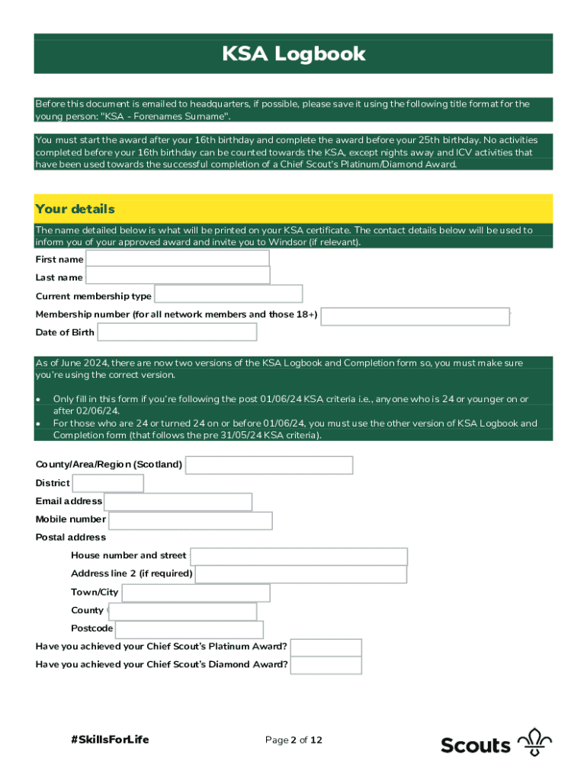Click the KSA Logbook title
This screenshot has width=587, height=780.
tap(293, 54)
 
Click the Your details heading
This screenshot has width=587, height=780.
tap(75, 209)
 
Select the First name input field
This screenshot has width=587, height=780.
tap(177, 259)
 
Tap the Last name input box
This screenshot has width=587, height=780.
tap(177, 276)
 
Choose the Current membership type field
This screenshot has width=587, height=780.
tap(228, 295)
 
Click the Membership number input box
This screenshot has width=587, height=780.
tap(415, 316)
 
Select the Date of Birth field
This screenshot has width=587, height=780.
tap(177, 332)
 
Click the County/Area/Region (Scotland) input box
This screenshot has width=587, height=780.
tap(269, 465)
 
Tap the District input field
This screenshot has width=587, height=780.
tap(107, 483)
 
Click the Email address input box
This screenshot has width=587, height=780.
tap(178, 501)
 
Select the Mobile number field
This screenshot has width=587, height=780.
tap(190, 520)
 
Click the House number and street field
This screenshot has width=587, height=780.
tap(299, 556)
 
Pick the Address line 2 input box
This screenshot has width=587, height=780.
tap(300, 574)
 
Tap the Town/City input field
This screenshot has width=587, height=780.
tap(195, 593)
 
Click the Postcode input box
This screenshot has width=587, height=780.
tap(189, 629)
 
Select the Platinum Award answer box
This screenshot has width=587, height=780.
tap(326, 647)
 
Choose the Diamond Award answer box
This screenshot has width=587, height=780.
tap(326, 665)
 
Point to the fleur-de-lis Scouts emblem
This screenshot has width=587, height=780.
tap(534, 743)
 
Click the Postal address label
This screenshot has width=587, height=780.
tap(71, 537)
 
